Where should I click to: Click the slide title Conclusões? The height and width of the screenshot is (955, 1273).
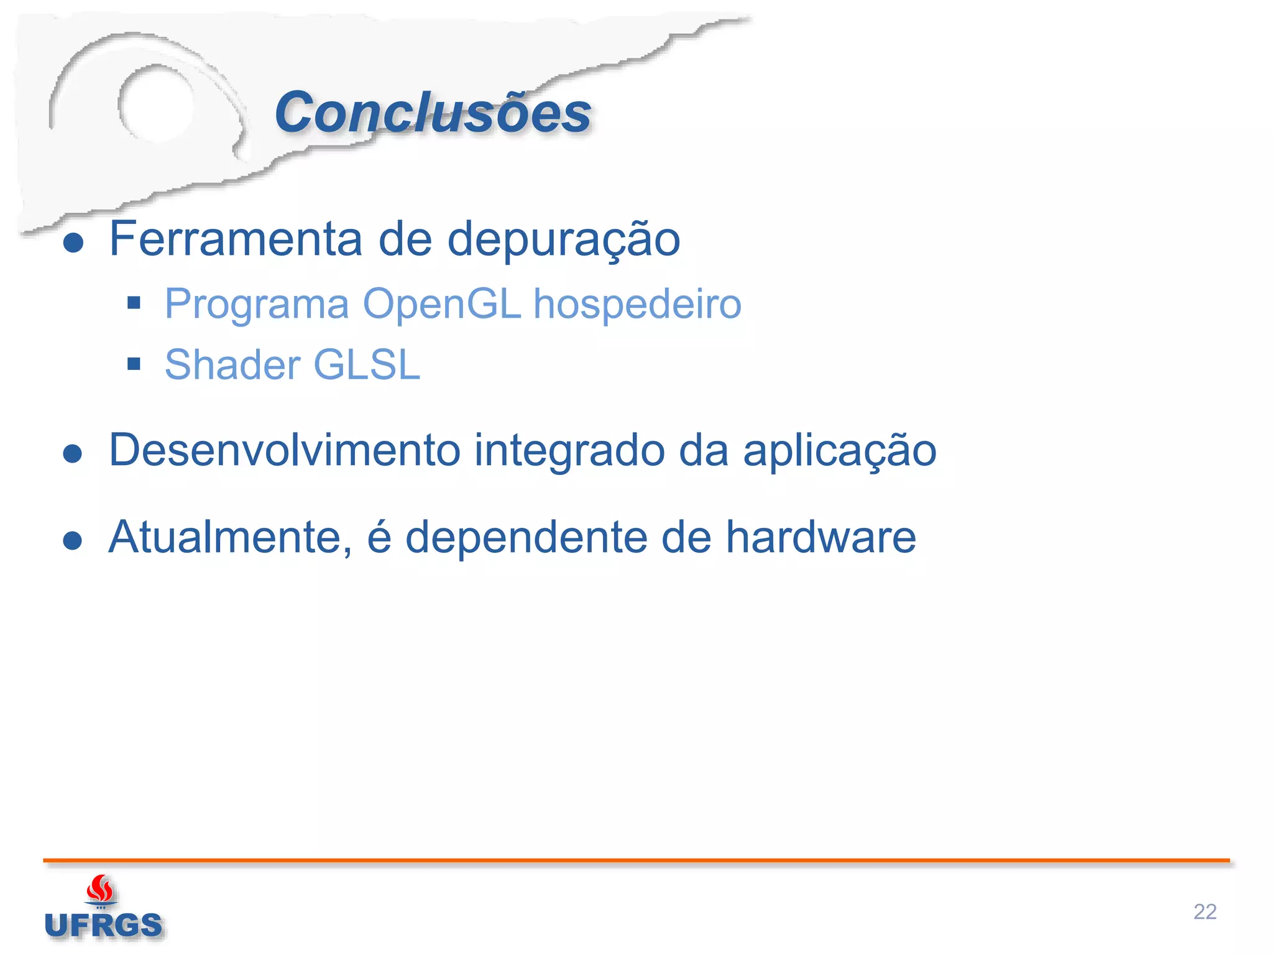pyautogui.click(x=433, y=113)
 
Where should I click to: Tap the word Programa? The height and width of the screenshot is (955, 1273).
pyautogui.click(x=257, y=305)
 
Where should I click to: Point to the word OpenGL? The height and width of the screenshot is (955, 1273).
pyautogui.click(x=441, y=305)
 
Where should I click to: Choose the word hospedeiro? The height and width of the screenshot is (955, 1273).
pyautogui.click(x=637, y=305)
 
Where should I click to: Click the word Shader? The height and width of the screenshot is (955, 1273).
pyautogui.click(x=232, y=364)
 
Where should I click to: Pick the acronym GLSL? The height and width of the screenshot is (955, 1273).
pyautogui.click(x=367, y=364)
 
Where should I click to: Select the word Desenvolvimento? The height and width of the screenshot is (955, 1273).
pyautogui.click(x=285, y=450)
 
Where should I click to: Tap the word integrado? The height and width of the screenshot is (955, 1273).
pyautogui.click(x=569, y=451)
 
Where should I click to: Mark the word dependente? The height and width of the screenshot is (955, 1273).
pyautogui.click(x=526, y=537)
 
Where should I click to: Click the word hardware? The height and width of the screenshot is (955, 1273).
pyautogui.click(x=820, y=537)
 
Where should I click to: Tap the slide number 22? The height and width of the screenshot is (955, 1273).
pyautogui.click(x=1205, y=911)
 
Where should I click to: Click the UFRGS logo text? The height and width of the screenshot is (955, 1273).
pyautogui.click(x=104, y=925)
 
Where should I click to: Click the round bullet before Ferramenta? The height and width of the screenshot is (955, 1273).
pyautogui.click(x=73, y=243)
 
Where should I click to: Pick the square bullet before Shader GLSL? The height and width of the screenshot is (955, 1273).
pyautogui.click(x=134, y=364)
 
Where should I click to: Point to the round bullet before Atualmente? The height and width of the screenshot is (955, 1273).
pyautogui.click(x=73, y=540)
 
